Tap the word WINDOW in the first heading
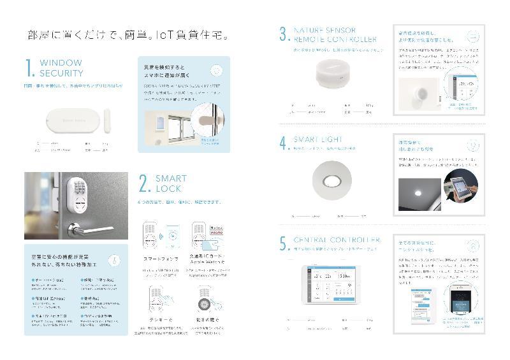click(x=61, y=63)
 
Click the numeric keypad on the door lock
click(x=82, y=189)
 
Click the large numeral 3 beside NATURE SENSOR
click(x=284, y=35)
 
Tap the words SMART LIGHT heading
click(x=318, y=138)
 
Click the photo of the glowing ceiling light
click(x=419, y=194)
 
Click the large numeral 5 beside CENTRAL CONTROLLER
click(x=284, y=245)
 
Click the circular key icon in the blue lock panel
click(x=112, y=260)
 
